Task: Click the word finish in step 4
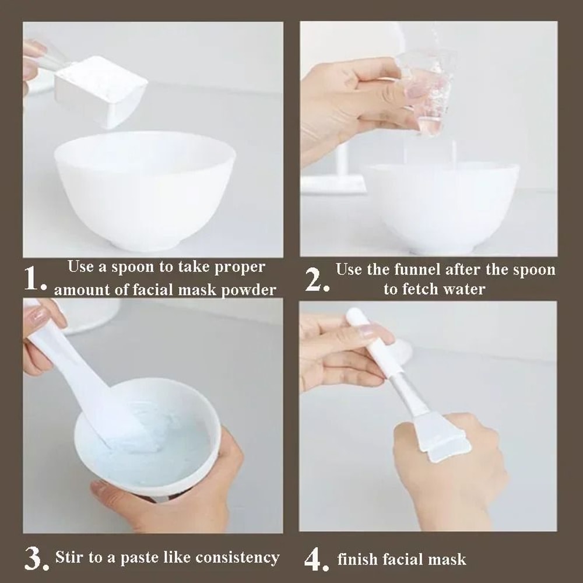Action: point(358,560)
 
